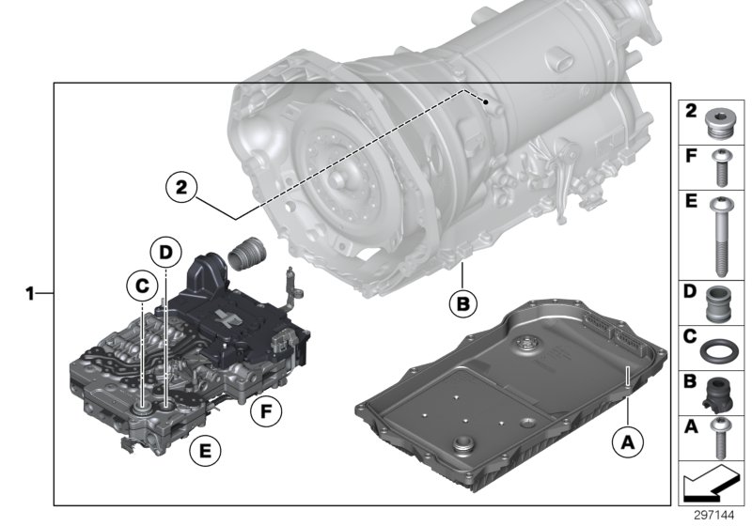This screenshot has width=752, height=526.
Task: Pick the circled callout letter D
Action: click(x=164, y=252)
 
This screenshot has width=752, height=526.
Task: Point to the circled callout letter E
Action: click(x=199, y=451)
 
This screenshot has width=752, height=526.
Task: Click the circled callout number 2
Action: click(x=180, y=187)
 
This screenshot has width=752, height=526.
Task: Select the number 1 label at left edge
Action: click(x=30, y=294)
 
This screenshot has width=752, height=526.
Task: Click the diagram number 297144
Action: click(x=717, y=516)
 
